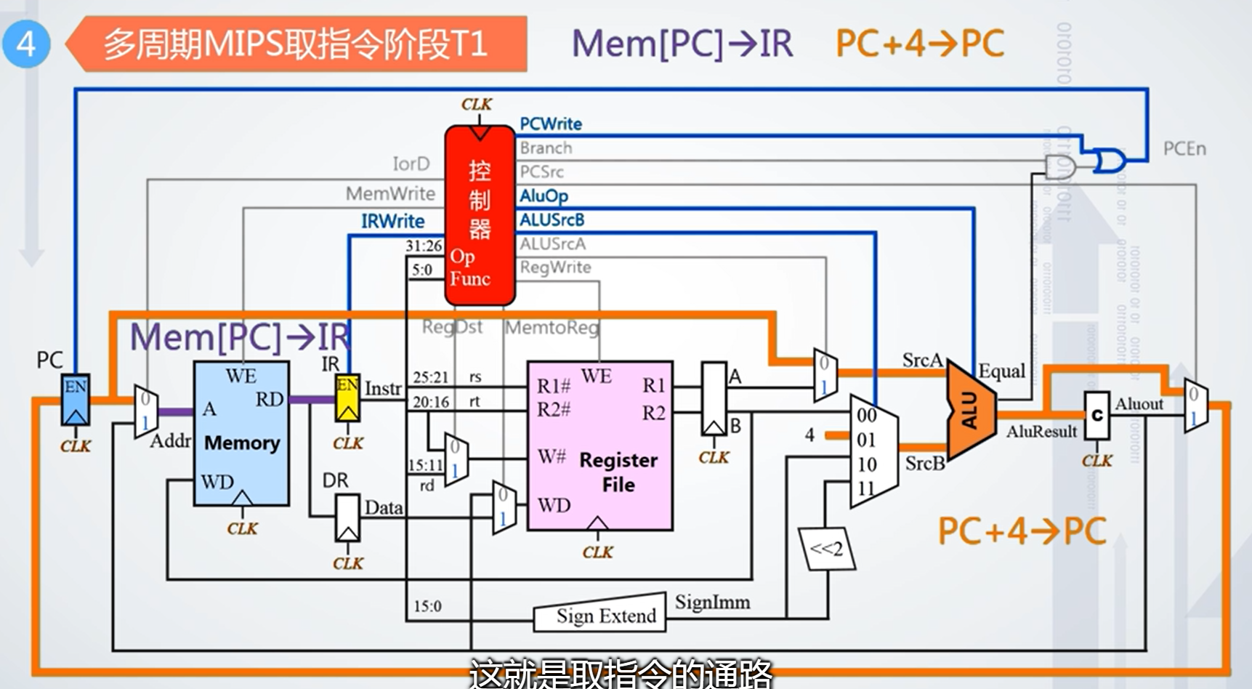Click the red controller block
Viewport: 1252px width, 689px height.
pos(480,215)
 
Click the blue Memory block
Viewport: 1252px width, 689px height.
pos(241,433)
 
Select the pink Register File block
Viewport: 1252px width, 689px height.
pos(599,445)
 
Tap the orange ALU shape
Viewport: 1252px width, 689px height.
pos(971,411)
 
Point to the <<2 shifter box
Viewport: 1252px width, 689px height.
pos(827,549)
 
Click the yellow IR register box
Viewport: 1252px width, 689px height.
pos(347,398)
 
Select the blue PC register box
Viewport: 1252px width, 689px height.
pos(75,400)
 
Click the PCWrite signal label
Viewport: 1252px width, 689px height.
pos(551,124)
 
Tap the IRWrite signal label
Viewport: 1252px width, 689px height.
pos(392,221)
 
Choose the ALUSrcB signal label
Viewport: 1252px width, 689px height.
pos(552,219)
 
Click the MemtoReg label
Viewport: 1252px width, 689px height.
pos(552,328)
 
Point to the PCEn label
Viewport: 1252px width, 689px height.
pos(1184,149)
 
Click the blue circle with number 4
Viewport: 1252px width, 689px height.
pos(25,44)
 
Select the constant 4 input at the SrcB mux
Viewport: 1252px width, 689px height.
pos(809,435)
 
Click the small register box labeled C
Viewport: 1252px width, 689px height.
pos(1096,416)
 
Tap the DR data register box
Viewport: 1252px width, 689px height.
pos(347,517)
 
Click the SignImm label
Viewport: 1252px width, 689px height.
pos(712,603)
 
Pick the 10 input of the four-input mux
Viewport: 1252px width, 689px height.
pos(867,464)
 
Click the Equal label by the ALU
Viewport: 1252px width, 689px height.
pos(1001,371)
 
